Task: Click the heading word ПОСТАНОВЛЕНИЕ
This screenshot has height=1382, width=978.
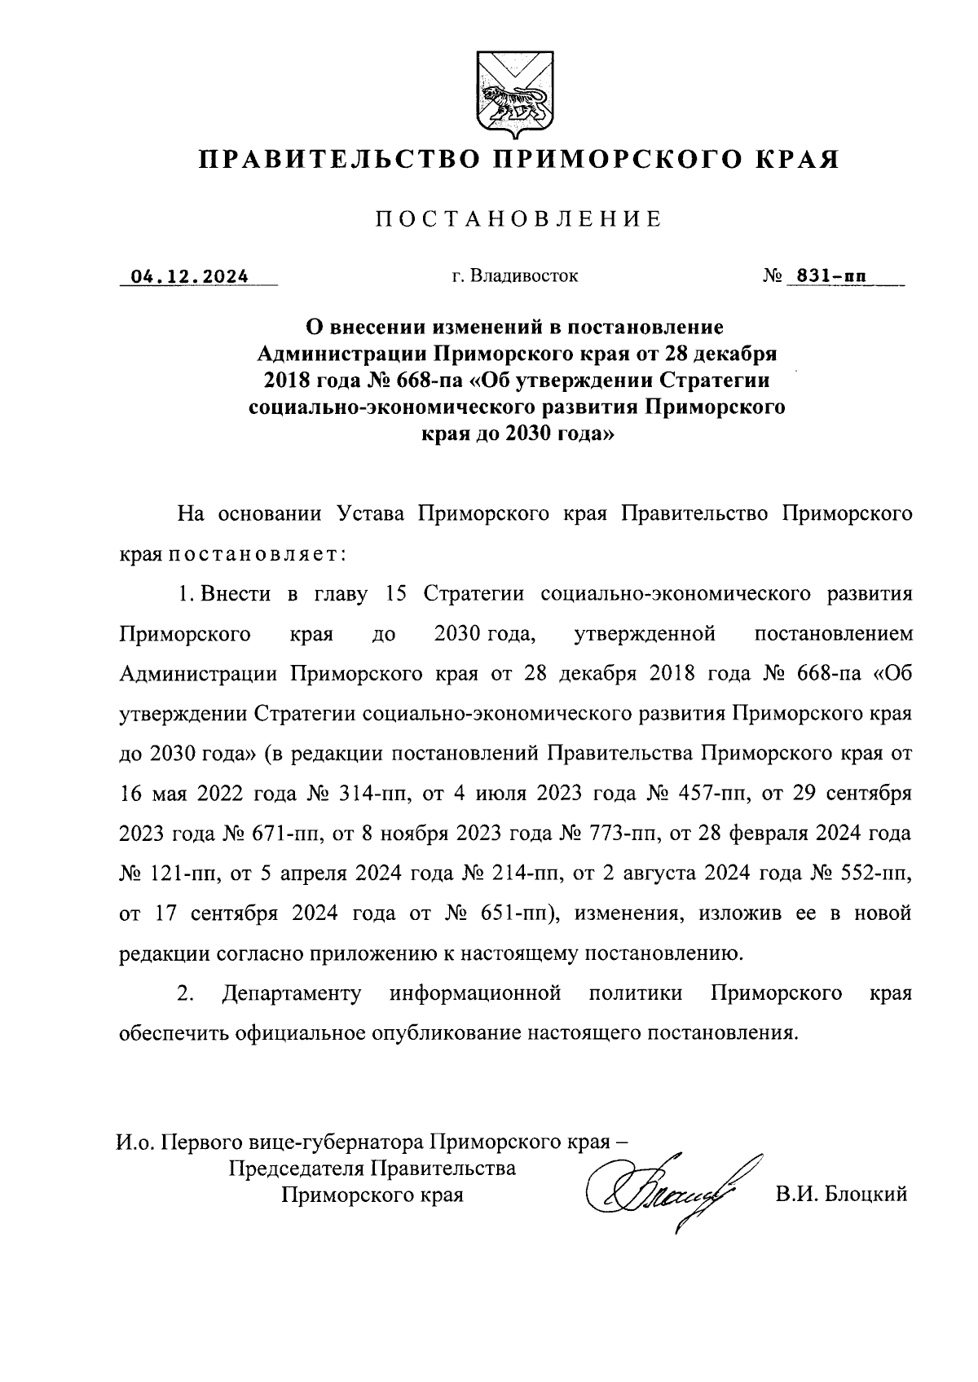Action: (x=517, y=219)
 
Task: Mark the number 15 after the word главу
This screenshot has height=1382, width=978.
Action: (x=396, y=593)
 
